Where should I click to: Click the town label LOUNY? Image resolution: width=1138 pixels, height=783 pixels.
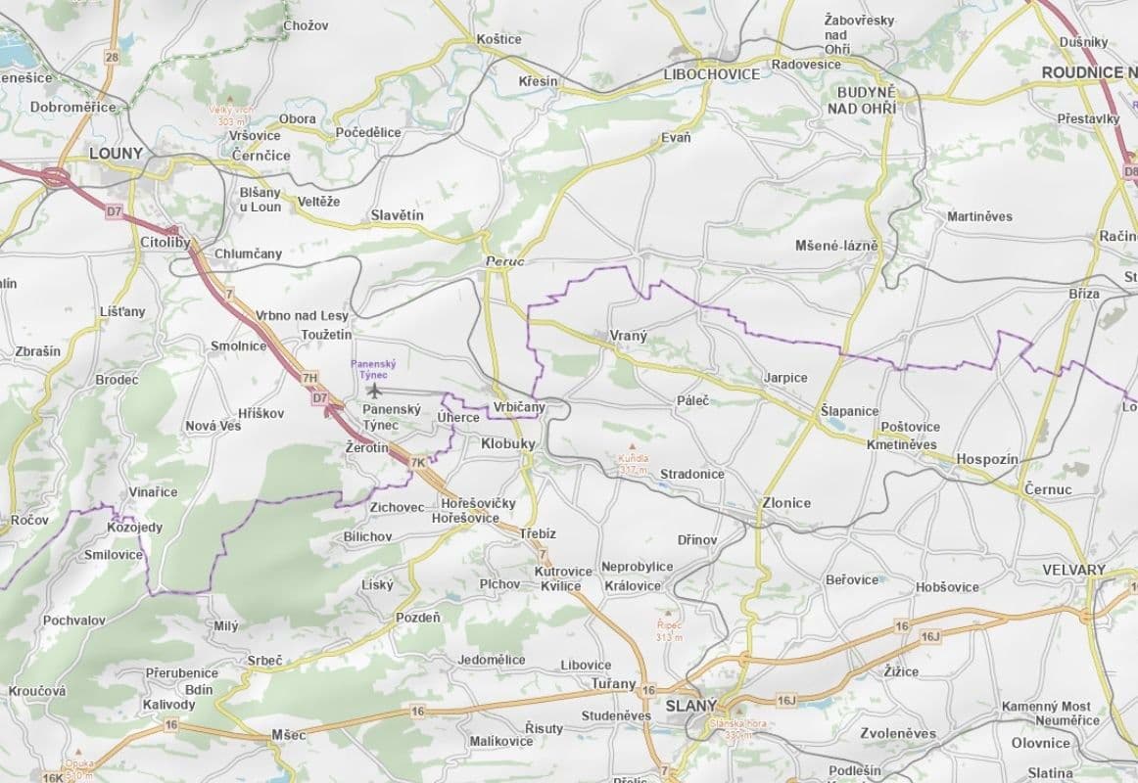tap(116, 153)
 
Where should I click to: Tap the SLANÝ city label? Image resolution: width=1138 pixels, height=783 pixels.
tap(691, 706)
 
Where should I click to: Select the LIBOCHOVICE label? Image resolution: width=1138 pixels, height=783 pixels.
tap(711, 74)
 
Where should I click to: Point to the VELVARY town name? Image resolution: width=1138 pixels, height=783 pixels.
tap(1074, 570)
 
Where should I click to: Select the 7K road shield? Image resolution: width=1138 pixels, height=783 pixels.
tap(419, 462)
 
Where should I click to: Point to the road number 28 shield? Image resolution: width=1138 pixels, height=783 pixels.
tap(111, 58)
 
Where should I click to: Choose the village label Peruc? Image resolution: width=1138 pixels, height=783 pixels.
tap(505, 263)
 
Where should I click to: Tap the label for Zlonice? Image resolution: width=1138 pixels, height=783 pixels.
tap(786, 503)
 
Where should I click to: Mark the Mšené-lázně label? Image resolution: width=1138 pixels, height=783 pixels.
tap(836, 246)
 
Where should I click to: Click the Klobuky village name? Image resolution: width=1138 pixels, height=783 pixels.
tap(508, 443)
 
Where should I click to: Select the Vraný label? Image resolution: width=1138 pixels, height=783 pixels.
tap(628, 336)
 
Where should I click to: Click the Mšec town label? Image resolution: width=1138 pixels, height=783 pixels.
tap(288, 734)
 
